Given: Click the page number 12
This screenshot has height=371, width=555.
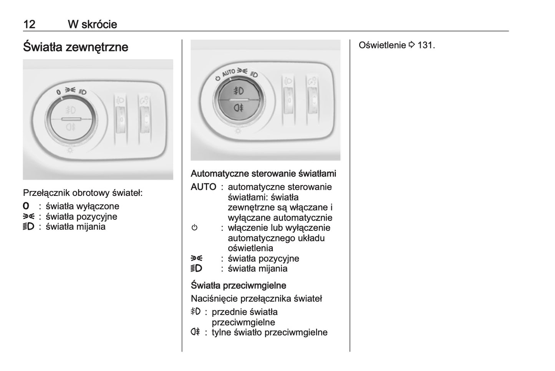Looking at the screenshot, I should [29, 24].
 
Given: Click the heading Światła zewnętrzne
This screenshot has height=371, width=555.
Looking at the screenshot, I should [76, 47].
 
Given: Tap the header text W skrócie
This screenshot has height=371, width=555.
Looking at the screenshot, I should [92, 24].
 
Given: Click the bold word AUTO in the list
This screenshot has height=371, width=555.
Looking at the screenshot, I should [203, 187].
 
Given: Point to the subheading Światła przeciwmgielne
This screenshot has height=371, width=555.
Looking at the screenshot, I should [238, 285].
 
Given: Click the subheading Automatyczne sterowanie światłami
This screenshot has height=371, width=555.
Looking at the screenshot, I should [263, 174].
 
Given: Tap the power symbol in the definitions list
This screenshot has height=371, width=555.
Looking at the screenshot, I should [194, 228].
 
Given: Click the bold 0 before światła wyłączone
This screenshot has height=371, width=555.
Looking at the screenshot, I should [26, 206].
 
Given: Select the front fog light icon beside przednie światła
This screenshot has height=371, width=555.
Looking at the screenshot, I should [195, 311].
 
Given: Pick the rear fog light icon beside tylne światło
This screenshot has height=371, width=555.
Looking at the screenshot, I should [195, 332].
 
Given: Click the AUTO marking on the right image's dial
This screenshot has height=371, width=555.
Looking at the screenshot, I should [229, 72].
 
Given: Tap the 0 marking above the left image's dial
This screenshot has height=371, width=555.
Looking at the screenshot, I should [58, 92].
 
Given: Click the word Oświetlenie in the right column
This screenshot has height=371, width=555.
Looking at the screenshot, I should [382, 45].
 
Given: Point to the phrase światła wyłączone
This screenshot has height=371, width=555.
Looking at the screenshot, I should [82, 206].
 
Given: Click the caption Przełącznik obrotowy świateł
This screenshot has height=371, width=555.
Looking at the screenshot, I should [83, 193].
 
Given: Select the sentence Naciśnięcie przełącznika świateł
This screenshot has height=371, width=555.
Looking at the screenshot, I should [256, 298].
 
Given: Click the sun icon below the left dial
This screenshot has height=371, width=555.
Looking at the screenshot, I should [70, 150].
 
